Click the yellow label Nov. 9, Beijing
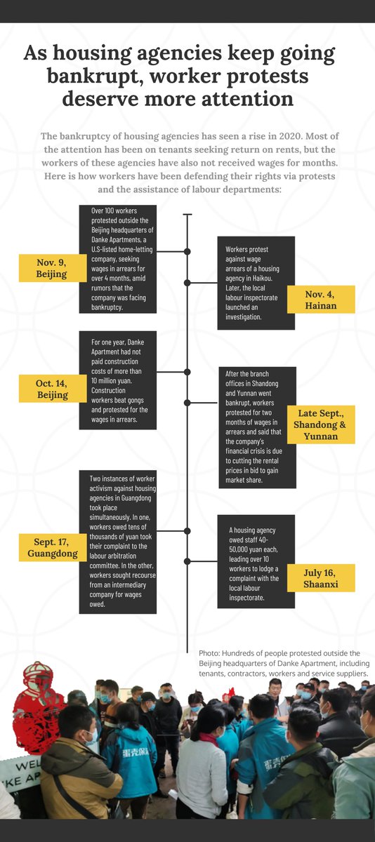point(53,268)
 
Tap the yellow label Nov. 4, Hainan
point(321,299)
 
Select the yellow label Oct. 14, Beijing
point(53,389)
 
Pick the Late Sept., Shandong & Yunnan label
point(321,425)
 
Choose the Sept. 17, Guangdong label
point(53,547)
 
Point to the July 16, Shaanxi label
point(321,577)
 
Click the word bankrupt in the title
point(96,76)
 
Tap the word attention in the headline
point(247,99)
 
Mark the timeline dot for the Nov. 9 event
point(187,251)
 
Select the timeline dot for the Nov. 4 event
point(187,283)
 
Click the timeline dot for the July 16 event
point(187,561)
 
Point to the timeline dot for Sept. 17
point(187,530)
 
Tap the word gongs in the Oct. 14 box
point(136,400)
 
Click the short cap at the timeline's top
point(187,215)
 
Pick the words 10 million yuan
point(112,381)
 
